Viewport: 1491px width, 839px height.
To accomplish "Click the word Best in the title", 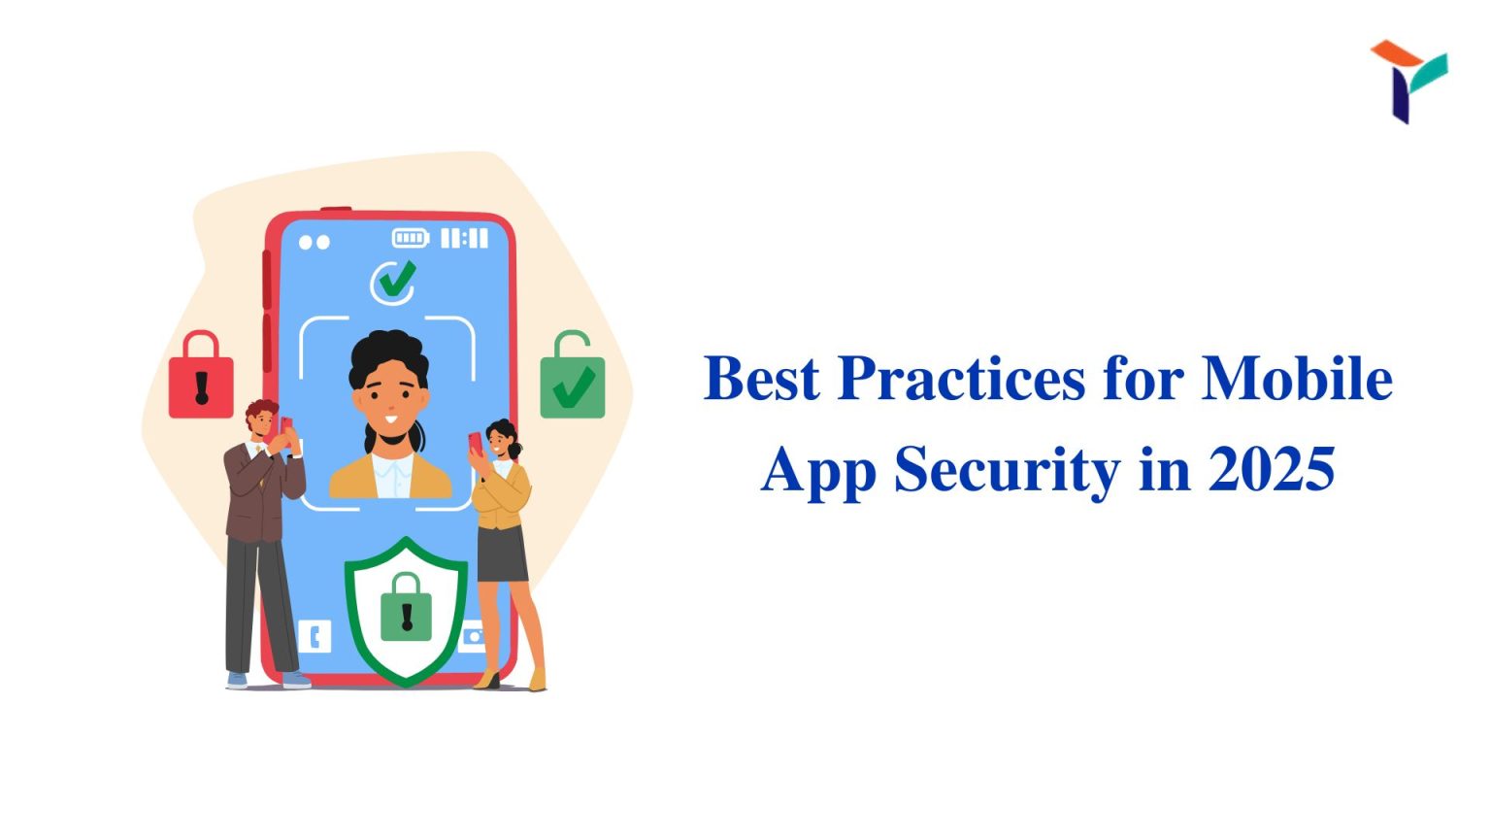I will coord(761,378).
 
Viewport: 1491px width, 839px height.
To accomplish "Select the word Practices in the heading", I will coord(960,378).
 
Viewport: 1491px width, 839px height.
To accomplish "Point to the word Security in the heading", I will coord(1007,470).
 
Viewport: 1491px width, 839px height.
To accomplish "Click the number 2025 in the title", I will coord(1271,470).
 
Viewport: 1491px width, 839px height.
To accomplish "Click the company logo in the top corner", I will coord(1407,80).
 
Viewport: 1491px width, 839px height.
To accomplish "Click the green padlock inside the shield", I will coord(406,609).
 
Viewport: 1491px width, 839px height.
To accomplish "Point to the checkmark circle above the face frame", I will coord(393,283).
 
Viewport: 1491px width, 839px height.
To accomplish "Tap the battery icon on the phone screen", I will coord(410,238).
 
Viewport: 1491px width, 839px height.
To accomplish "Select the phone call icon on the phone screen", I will coord(315,637).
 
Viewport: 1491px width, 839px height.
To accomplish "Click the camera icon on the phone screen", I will coord(474,637).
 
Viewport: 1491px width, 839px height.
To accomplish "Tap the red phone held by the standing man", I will coord(285,427).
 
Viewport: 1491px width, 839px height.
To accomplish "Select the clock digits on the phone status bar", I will coord(465,238).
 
